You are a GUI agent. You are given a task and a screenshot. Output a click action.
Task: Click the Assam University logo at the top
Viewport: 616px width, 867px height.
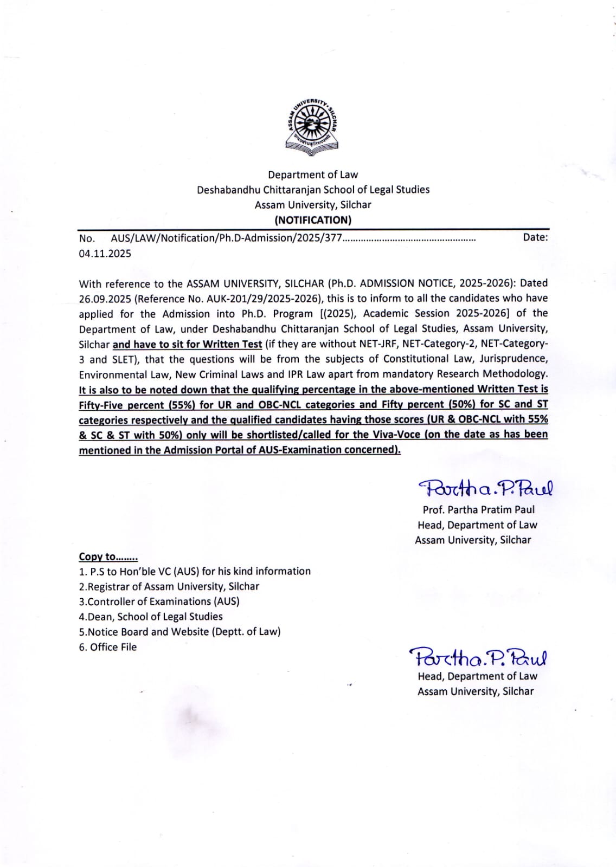pyautogui.click(x=312, y=127)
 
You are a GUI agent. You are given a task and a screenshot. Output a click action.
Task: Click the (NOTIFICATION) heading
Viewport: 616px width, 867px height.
pyautogui.click(x=313, y=220)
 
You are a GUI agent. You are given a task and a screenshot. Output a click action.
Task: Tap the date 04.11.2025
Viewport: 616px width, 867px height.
pyautogui.click(x=105, y=254)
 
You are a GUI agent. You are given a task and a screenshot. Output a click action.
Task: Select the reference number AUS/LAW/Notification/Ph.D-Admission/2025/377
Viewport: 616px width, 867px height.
pyautogui.click(x=226, y=238)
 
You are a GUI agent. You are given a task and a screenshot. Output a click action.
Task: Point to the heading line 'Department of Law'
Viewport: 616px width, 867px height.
pyautogui.click(x=313, y=174)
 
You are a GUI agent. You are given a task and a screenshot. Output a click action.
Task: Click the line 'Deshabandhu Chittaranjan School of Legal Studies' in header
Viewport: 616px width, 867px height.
pyautogui.click(x=313, y=190)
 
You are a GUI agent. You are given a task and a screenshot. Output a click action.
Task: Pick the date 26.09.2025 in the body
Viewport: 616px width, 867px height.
pyautogui.click(x=105, y=299)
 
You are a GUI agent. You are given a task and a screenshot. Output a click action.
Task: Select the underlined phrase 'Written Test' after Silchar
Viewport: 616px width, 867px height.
pyautogui.click(x=232, y=344)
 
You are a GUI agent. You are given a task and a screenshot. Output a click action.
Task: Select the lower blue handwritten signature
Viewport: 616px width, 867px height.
pyautogui.click(x=478, y=657)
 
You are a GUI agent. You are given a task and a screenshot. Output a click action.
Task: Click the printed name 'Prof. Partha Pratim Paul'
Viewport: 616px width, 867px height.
pyautogui.click(x=478, y=510)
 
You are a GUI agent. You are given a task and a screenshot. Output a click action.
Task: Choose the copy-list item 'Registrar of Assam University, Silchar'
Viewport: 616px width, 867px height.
pyautogui.click(x=169, y=586)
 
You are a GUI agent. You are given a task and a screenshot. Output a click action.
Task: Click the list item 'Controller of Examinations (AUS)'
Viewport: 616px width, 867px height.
pyautogui.click(x=159, y=601)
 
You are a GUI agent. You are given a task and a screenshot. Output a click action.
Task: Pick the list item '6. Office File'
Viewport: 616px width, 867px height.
pyautogui.click(x=108, y=647)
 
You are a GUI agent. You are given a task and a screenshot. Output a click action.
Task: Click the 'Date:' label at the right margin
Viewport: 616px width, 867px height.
pyautogui.click(x=535, y=237)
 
